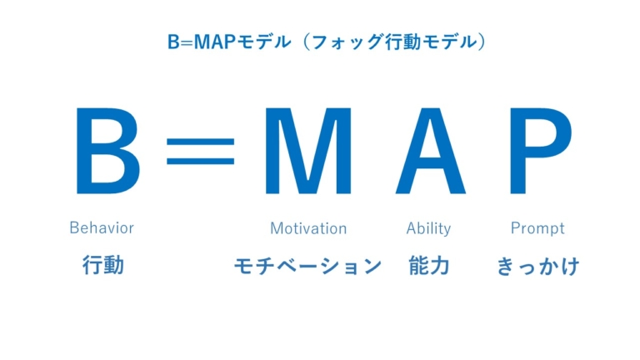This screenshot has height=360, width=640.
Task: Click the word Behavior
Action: (x=102, y=227)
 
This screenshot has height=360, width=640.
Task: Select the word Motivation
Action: (x=308, y=227)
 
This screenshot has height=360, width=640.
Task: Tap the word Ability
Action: (x=428, y=227)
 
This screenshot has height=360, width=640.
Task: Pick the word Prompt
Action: (x=537, y=227)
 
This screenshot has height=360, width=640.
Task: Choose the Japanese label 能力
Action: (x=429, y=266)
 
